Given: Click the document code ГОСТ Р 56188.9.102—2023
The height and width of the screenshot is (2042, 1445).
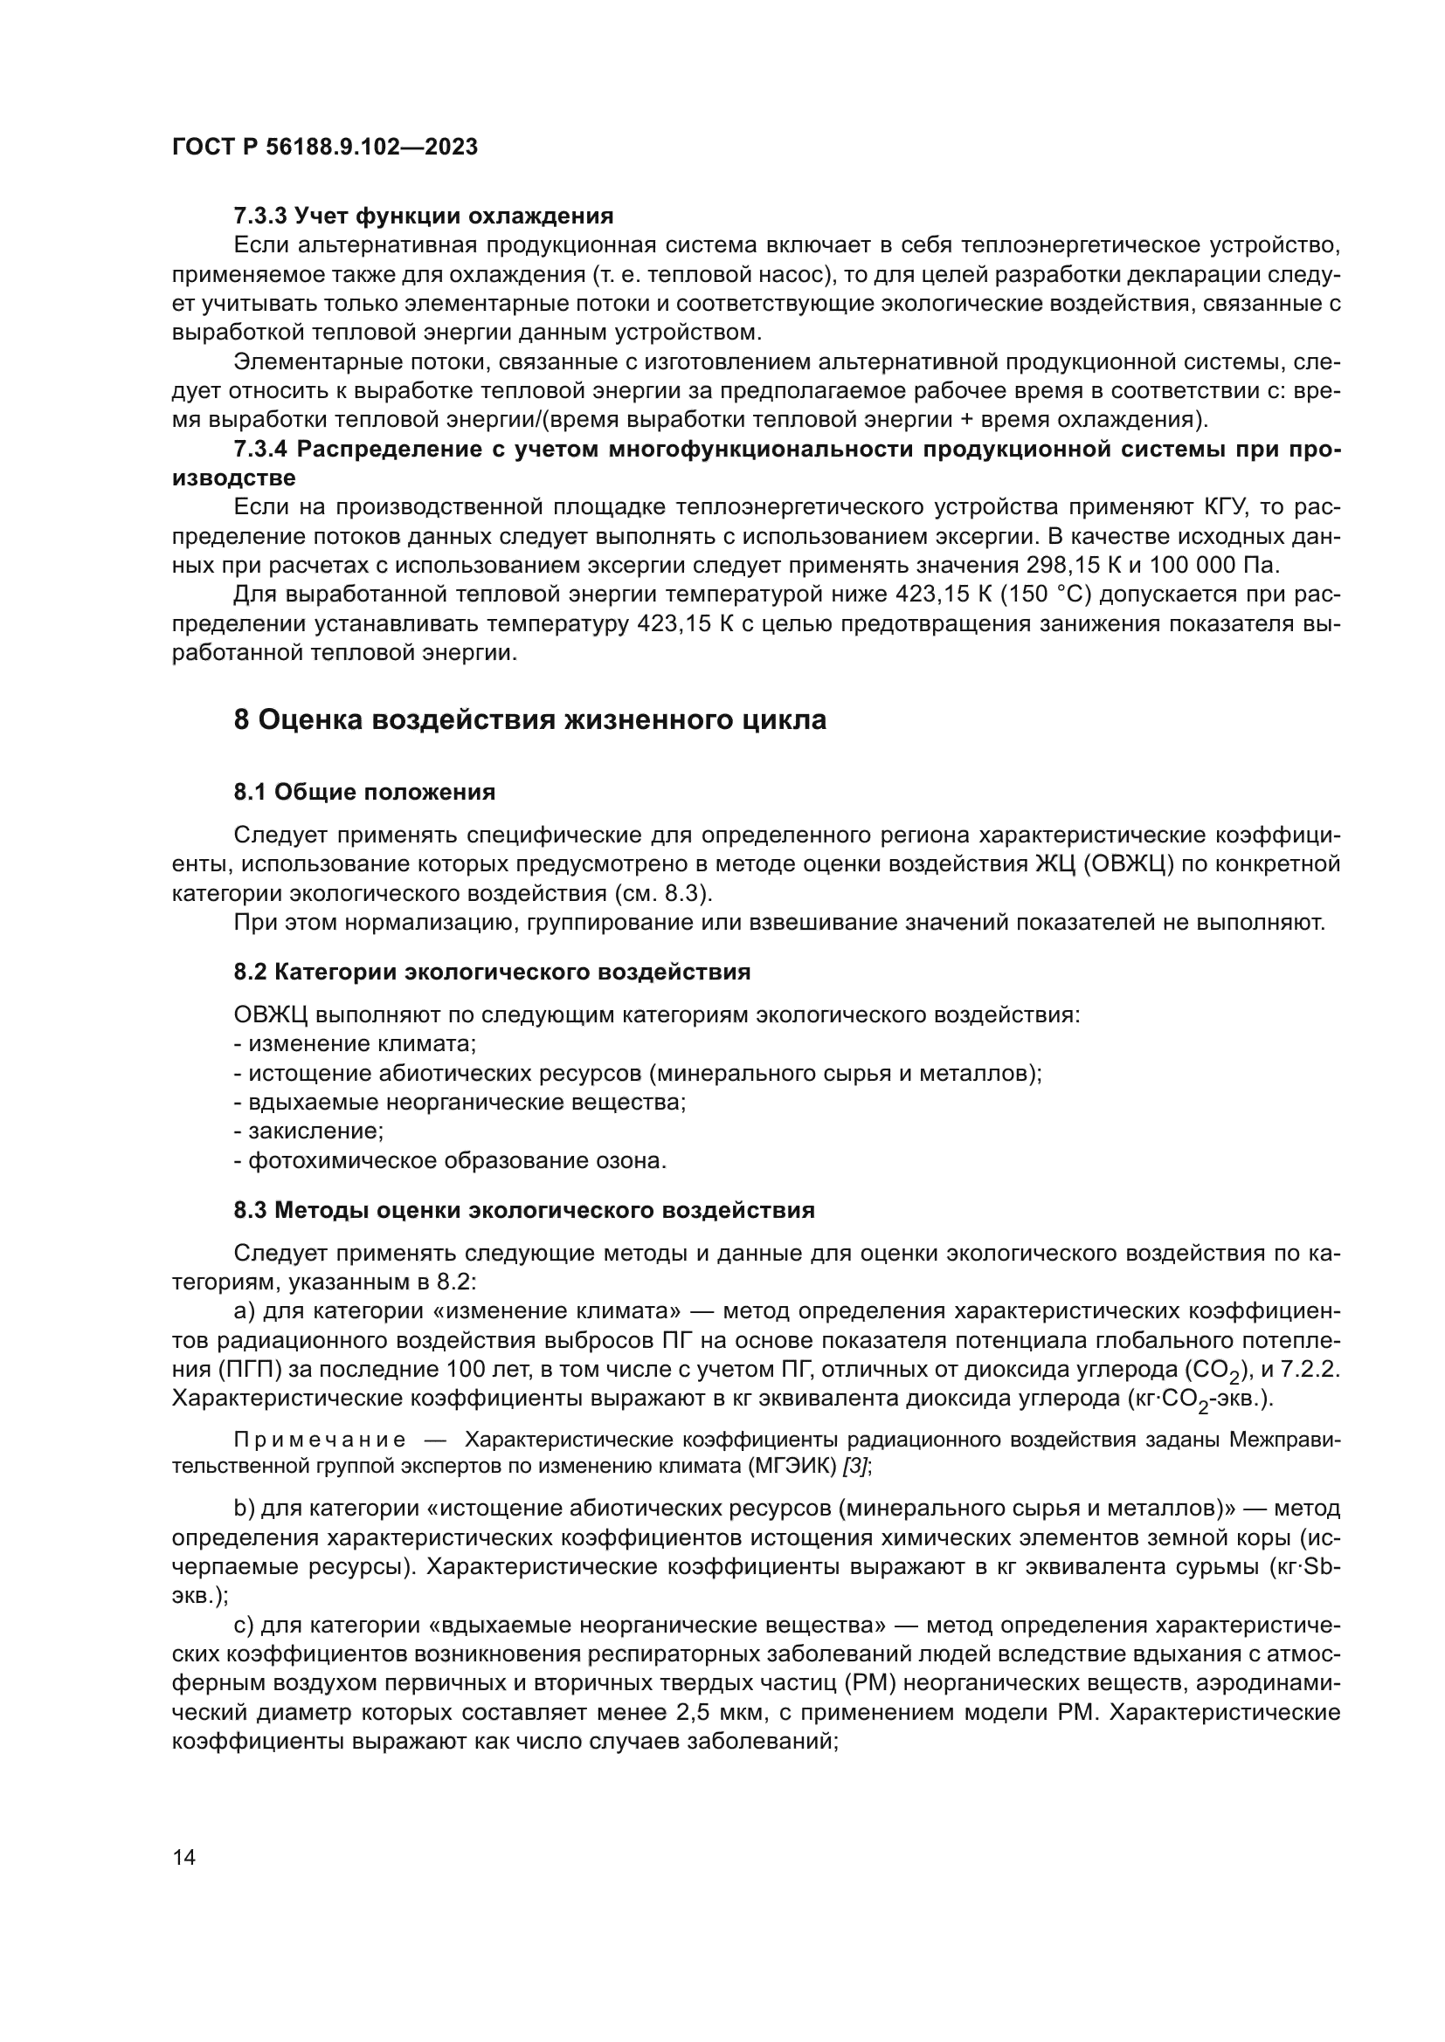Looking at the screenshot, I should [x=325, y=147].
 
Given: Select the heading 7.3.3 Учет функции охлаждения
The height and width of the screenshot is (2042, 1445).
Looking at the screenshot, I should [x=424, y=216].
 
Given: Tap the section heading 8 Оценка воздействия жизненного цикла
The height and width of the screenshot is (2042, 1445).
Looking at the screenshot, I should [x=530, y=719].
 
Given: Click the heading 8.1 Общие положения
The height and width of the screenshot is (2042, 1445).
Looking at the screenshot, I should [x=365, y=792].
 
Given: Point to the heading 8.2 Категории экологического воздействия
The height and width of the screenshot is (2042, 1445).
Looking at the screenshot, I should [x=492, y=972].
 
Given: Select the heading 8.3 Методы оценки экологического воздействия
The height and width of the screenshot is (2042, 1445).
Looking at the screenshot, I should [x=524, y=1210].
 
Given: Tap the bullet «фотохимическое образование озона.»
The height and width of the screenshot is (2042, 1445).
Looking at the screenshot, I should [x=450, y=1160].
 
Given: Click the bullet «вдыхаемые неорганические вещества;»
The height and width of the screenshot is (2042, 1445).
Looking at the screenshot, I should [x=460, y=1103].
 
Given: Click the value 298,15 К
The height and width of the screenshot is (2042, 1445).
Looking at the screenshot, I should [x=1072, y=566].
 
